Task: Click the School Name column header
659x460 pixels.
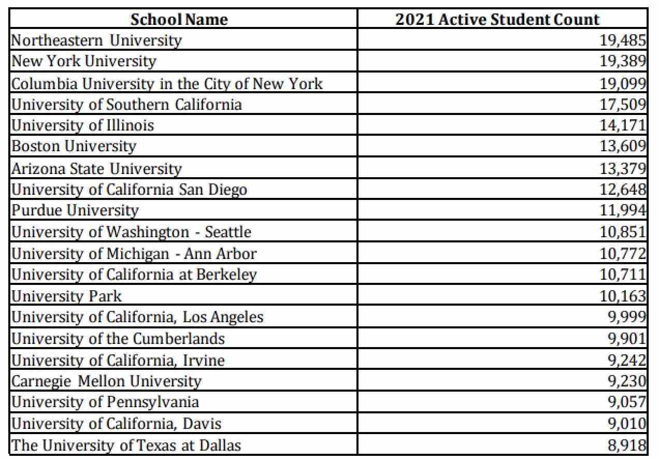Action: (x=179, y=19)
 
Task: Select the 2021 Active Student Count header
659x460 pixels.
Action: (x=497, y=19)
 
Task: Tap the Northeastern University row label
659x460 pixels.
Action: (x=96, y=40)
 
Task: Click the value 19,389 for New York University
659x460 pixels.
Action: (x=623, y=61)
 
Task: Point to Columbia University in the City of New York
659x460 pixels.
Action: (x=167, y=83)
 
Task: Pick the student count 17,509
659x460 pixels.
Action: (x=623, y=105)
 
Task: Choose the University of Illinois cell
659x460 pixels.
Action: (x=83, y=125)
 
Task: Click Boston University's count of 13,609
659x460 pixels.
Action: (x=623, y=147)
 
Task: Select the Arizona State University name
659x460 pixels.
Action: (x=96, y=168)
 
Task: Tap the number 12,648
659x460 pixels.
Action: (x=623, y=190)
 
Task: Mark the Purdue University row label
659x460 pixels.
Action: (x=75, y=210)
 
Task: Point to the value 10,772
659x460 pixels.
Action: (x=623, y=253)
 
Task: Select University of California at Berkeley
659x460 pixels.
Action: (x=134, y=274)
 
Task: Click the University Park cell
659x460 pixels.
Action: (x=66, y=296)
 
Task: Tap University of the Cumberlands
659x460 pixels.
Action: (x=118, y=338)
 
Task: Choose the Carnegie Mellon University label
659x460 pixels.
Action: (x=106, y=381)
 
